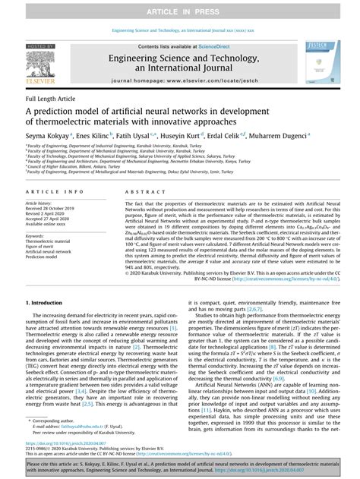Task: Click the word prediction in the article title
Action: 66,111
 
